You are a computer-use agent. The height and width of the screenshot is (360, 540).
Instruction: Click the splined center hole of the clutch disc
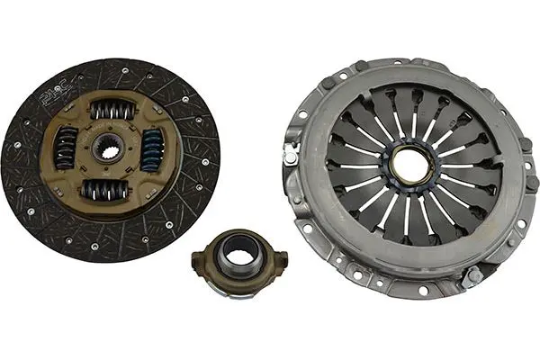coord(109,148)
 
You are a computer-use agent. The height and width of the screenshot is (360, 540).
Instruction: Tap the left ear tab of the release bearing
coord(198,259)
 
